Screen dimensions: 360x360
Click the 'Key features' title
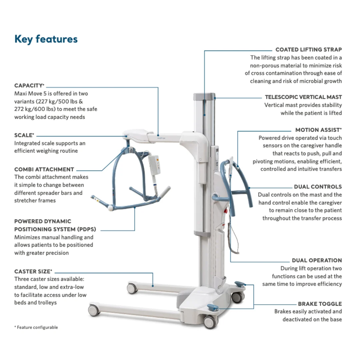pyautogui.click(x=46, y=39)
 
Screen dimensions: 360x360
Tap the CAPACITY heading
pyautogui.click(x=29, y=86)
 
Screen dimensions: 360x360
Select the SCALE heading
pyautogui.click(x=24, y=135)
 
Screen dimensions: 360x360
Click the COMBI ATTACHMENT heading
pyautogui.click(x=44, y=169)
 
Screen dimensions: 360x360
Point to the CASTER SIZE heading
pyautogui.click(x=33, y=271)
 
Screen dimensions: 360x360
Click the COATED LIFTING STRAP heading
pyautogui.click(x=309, y=50)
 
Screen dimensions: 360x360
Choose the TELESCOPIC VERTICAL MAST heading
pyautogui.click(x=303, y=97)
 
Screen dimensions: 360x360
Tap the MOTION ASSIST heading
pyautogui.click(x=318, y=130)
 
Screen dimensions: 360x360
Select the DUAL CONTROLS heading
pyautogui.click(x=318, y=187)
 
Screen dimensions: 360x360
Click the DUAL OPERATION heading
pyautogui.click(x=317, y=260)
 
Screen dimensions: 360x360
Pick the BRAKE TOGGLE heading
pyautogui.click(x=320, y=304)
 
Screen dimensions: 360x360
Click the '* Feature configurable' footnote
pyautogui.click(x=36, y=327)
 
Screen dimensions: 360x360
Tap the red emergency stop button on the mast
pyautogui.click(x=225, y=211)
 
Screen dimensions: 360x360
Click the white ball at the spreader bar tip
pyautogui.click(x=110, y=208)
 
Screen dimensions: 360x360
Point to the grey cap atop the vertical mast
pyautogui.click(x=204, y=96)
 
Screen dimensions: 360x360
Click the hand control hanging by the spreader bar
pyautogui.click(x=154, y=165)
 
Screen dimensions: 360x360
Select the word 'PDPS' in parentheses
pyautogui.click(x=87, y=229)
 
